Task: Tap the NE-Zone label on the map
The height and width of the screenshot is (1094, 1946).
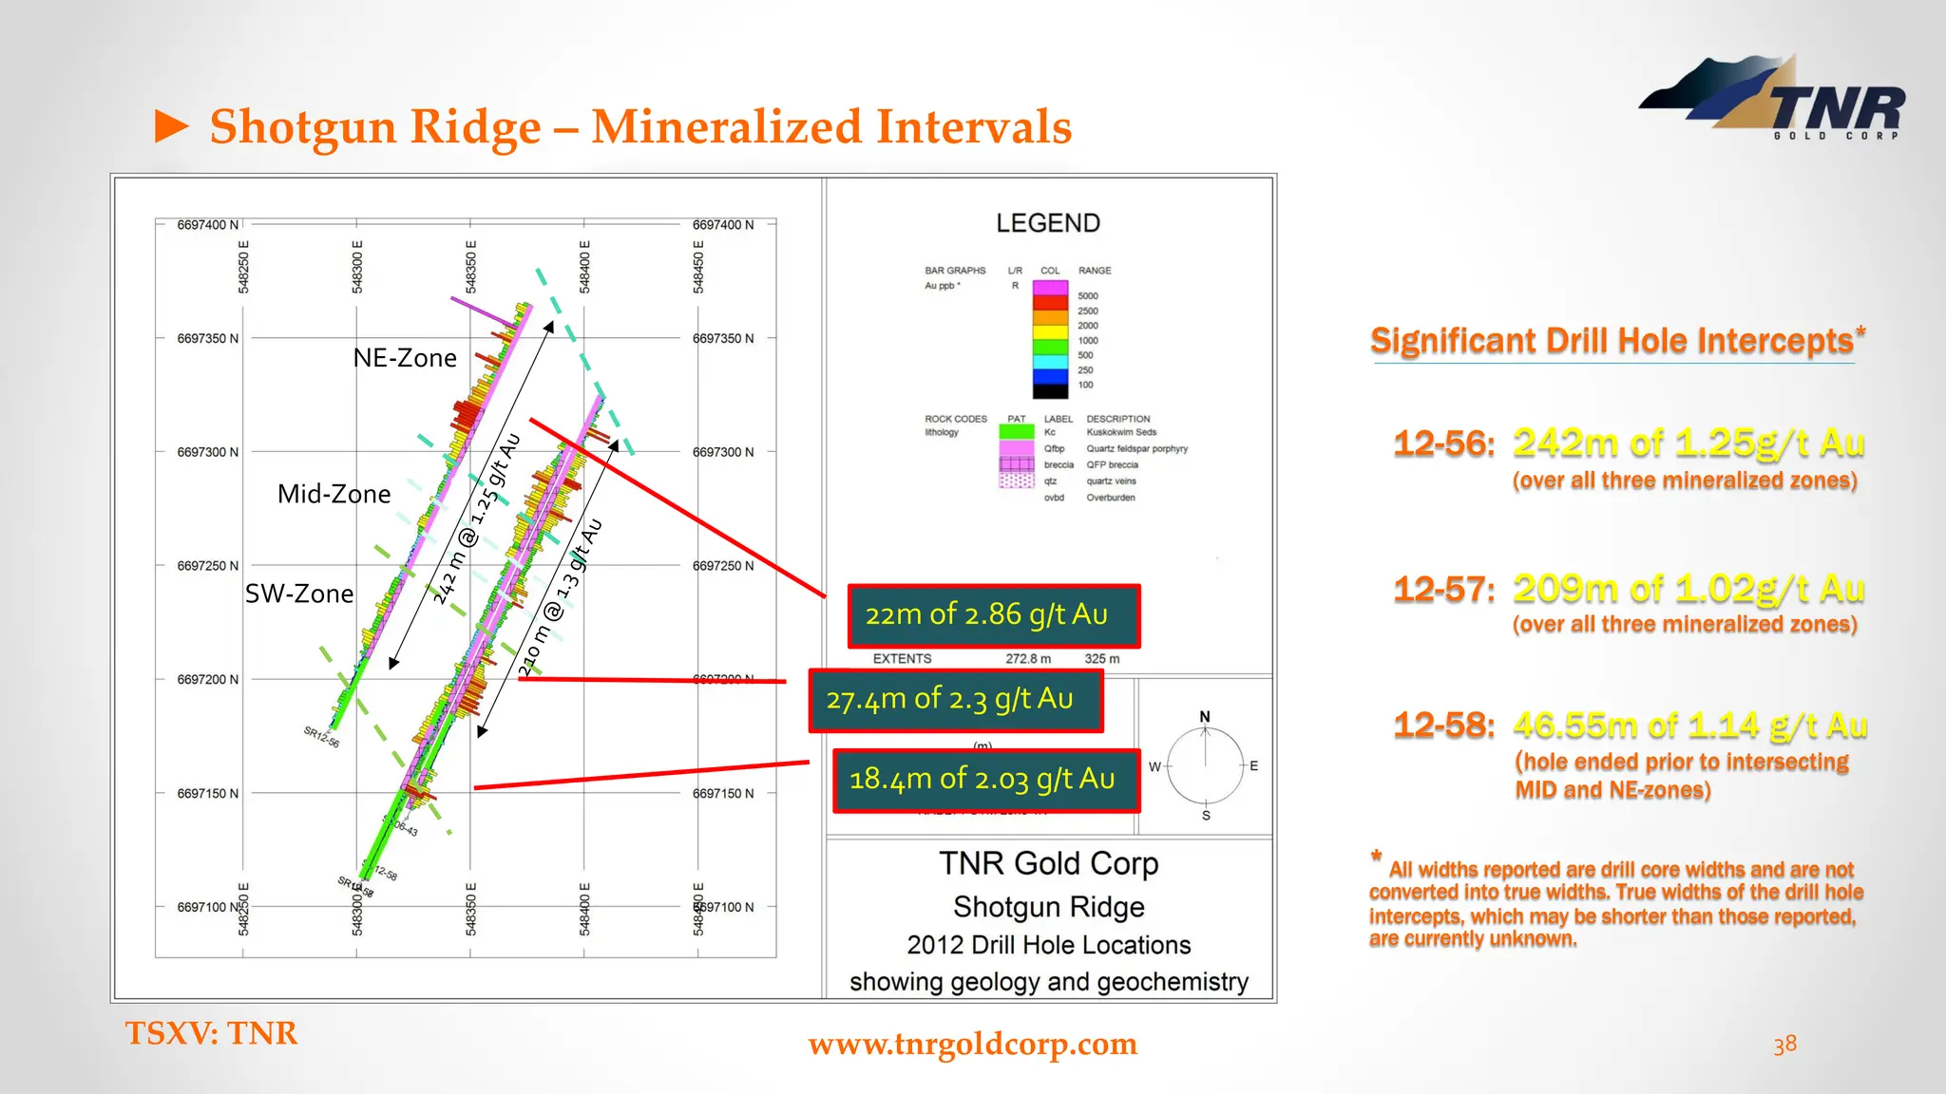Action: tap(405, 358)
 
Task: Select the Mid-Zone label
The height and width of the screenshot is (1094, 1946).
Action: tap(334, 494)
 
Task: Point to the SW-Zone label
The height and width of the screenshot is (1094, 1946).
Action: tap(299, 594)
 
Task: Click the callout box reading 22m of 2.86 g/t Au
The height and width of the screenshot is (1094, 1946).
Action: tap(993, 615)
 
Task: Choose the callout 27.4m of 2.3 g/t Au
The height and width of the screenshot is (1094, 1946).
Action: tap(955, 700)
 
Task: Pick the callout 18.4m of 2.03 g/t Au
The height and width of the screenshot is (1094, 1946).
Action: tap(985, 780)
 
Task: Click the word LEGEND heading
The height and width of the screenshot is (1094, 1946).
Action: tap(1048, 223)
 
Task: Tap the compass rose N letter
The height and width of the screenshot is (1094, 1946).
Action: tap(1205, 716)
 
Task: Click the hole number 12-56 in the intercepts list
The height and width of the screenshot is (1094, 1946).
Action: tap(1442, 443)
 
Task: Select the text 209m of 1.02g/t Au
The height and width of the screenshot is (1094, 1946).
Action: tap(1688, 589)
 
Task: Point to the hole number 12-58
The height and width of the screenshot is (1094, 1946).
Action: tap(1442, 726)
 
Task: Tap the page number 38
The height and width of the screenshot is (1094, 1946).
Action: tap(1784, 1044)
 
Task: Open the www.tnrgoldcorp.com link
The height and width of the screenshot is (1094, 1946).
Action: tap(972, 1044)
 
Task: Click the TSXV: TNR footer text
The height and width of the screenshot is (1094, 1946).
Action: tap(211, 1033)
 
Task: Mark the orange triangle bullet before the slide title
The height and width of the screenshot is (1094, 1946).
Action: tap(172, 126)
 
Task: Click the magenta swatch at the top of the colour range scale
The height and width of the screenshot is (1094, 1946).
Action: tap(1050, 287)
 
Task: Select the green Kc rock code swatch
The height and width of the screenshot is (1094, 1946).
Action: tap(1016, 432)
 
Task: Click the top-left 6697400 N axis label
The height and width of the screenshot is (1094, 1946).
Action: tap(207, 225)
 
